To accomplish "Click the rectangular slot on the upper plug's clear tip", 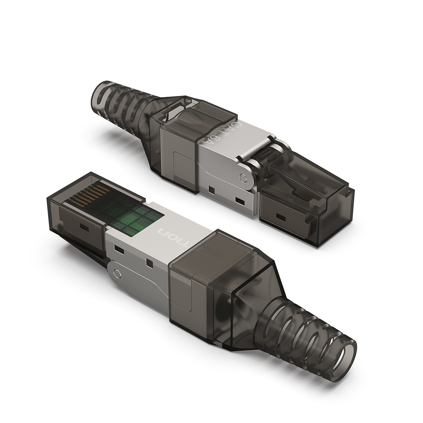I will point(280,217).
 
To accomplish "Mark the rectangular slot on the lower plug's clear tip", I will point(83,228).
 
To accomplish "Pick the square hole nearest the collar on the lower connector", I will point(149,264).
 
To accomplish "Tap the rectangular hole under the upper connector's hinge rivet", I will point(240,200).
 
